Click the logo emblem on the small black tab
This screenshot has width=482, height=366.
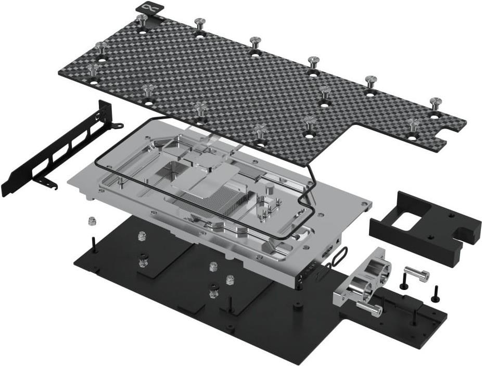(150, 7)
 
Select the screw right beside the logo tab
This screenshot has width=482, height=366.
(142, 20)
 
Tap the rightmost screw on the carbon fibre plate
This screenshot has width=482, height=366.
(435, 103)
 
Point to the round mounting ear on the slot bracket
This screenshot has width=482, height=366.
(119, 125)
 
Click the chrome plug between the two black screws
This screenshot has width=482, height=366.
(416, 274)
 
